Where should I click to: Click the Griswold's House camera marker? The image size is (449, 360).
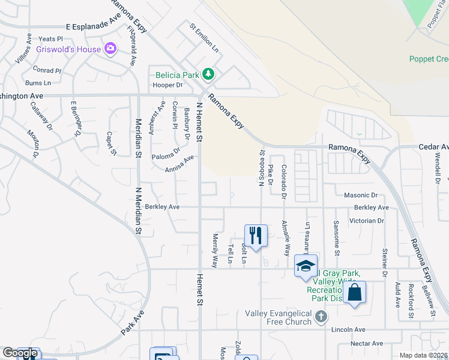point(110,48)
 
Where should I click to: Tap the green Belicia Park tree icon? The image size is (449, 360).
point(208,74)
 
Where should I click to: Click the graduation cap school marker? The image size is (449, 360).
point(306,265)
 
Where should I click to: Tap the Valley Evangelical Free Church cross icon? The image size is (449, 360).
point(321,316)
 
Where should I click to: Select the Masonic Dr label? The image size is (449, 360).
point(361,195)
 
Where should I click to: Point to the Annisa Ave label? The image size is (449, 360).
point(180,164)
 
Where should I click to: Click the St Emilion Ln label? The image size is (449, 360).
point(204,38)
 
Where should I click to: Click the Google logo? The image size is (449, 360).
point(20,353)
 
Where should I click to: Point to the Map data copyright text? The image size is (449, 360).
point(423,355)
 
